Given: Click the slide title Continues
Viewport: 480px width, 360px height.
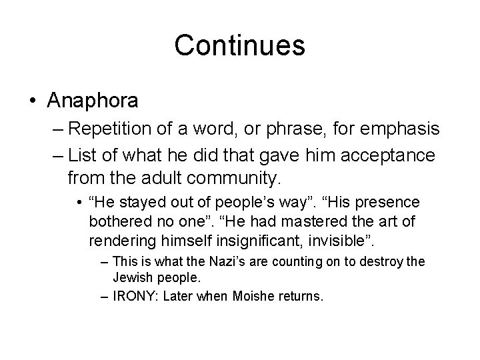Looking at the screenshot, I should click(x=239, y=46).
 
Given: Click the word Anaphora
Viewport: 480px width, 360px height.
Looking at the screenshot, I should click(x=93, y=101).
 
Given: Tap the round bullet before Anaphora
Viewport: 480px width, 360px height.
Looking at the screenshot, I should click(x=33, y=101).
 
